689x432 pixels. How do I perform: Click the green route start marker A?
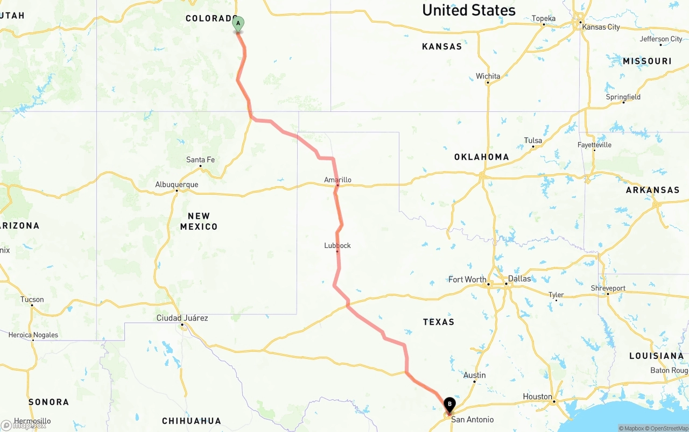(238, 24)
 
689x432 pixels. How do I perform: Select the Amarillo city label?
(338, 180)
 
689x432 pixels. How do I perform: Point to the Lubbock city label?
(338, 245)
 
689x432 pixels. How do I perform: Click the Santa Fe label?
(200, 160)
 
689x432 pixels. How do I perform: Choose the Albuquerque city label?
(177, 185)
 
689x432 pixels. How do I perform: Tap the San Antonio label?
(472, 420)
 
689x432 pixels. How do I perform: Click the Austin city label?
(474, 375)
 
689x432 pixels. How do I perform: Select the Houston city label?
(537, 396)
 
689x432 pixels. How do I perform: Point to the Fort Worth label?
(467, 279)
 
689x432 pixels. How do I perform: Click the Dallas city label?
(519, 279)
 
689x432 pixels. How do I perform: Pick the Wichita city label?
(488, 76)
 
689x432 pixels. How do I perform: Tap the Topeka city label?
(543, 19)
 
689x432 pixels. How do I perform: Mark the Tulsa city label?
(533, 141)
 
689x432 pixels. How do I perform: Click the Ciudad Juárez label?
(182, 318)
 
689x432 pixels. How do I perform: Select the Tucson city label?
(32, 300)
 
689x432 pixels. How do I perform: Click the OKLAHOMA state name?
(481, 157)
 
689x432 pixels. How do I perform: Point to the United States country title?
(468, 10)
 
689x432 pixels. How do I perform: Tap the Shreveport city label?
(608, 288)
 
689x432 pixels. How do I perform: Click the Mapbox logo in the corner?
(24, 425)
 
